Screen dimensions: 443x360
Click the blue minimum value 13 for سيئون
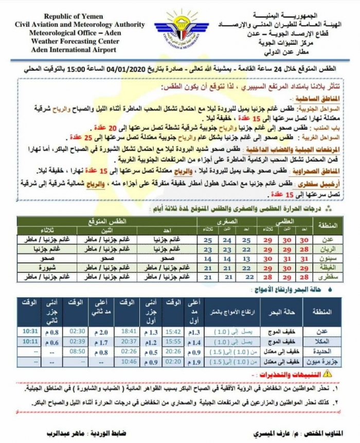click(x=247, y=258)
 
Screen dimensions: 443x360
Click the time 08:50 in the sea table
click(x=76, y=350)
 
